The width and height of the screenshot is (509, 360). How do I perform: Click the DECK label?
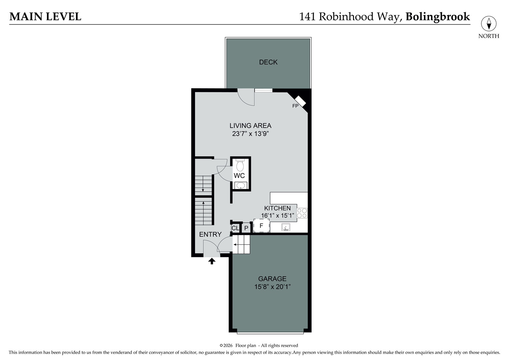coord(268,62)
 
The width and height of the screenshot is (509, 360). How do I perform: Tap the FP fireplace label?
coord(295,106)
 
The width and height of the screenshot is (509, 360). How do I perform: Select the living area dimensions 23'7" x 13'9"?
coord(250,134)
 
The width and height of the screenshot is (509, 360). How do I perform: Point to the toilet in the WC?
coord(240,165)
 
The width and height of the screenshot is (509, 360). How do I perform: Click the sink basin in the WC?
coord(240,185)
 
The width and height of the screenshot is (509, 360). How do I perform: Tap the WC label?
coord(239,176)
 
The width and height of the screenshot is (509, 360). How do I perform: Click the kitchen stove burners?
coord(302,213)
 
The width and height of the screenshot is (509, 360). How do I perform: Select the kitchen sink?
coord(286,227)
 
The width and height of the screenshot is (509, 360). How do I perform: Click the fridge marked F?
coord(261,226)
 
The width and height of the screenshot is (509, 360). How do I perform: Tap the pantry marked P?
coord(246,228)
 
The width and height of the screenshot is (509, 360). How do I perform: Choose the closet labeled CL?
coord(235,228)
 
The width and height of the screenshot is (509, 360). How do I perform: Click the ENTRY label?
coord(210,234)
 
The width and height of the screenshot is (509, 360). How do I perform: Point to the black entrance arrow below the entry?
coord(212,261)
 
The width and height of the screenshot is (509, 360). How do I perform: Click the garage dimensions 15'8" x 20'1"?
coord(272,287)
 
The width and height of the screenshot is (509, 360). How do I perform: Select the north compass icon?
coord(488,24)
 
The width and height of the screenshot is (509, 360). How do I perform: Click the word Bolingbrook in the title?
coord(437,16)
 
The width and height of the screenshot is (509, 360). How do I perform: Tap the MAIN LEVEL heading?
coord(45,16)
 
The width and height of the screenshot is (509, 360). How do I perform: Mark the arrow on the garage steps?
coord(236,245)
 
